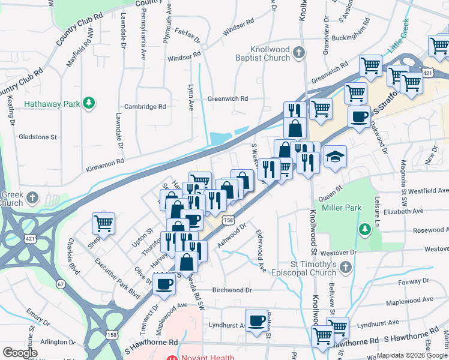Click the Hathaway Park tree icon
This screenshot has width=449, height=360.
click(89, 103)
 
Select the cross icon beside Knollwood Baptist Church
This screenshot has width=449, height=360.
click(298, 55)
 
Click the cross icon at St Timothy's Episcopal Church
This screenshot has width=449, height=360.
click(345, 267)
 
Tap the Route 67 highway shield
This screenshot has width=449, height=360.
click(61, 283)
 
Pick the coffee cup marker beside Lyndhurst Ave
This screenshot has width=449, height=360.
click(257, 320)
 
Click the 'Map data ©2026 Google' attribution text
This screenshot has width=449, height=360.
click(412, 355)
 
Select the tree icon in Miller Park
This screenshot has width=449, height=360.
click(364, 229)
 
